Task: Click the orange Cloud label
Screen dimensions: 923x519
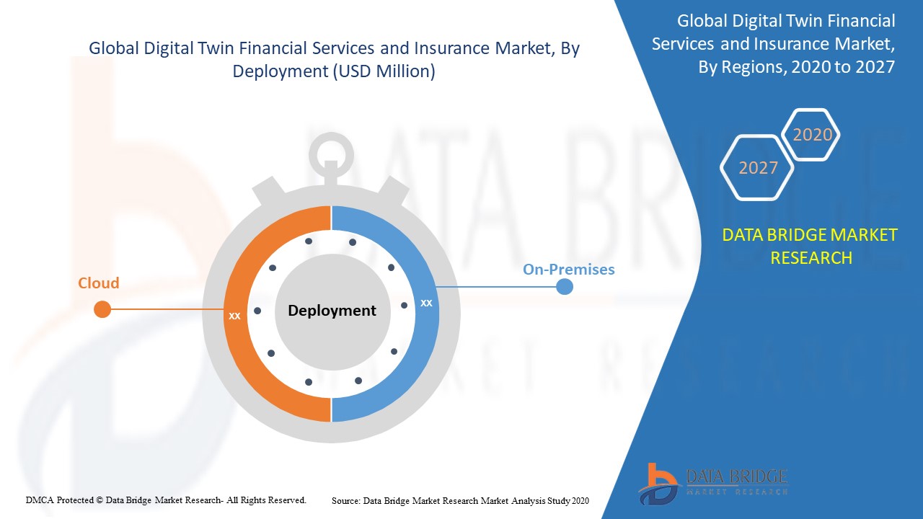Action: pyautogui.click(x=99, y=283)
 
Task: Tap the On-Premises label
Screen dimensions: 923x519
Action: pyautogui.click(x=569, y=270)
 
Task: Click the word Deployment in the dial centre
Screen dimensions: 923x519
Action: pyautogui.click(x=332, y=310)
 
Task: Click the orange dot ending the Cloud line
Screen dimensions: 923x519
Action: pyautogui.click(x=102, y=309)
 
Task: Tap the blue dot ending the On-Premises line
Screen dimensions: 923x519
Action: pyautogui.click(x=565, y=287)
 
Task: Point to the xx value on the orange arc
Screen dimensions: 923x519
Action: pyautogui.click(x=234, y=316)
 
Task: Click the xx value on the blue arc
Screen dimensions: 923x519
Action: pyautogui.click(x=426, y=303)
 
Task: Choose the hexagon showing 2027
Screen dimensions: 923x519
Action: pyautogui.click(x=757, y=168)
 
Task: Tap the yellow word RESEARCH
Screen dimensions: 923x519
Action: pyautogui.click(x=811, y=258)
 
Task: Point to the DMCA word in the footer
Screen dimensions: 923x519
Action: pyautogui.click(x=39, y=500)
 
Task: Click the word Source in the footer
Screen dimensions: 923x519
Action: pyautogui.click(x=345, y=501)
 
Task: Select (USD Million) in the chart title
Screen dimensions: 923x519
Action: pyautogui.click(x=384, y=71)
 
